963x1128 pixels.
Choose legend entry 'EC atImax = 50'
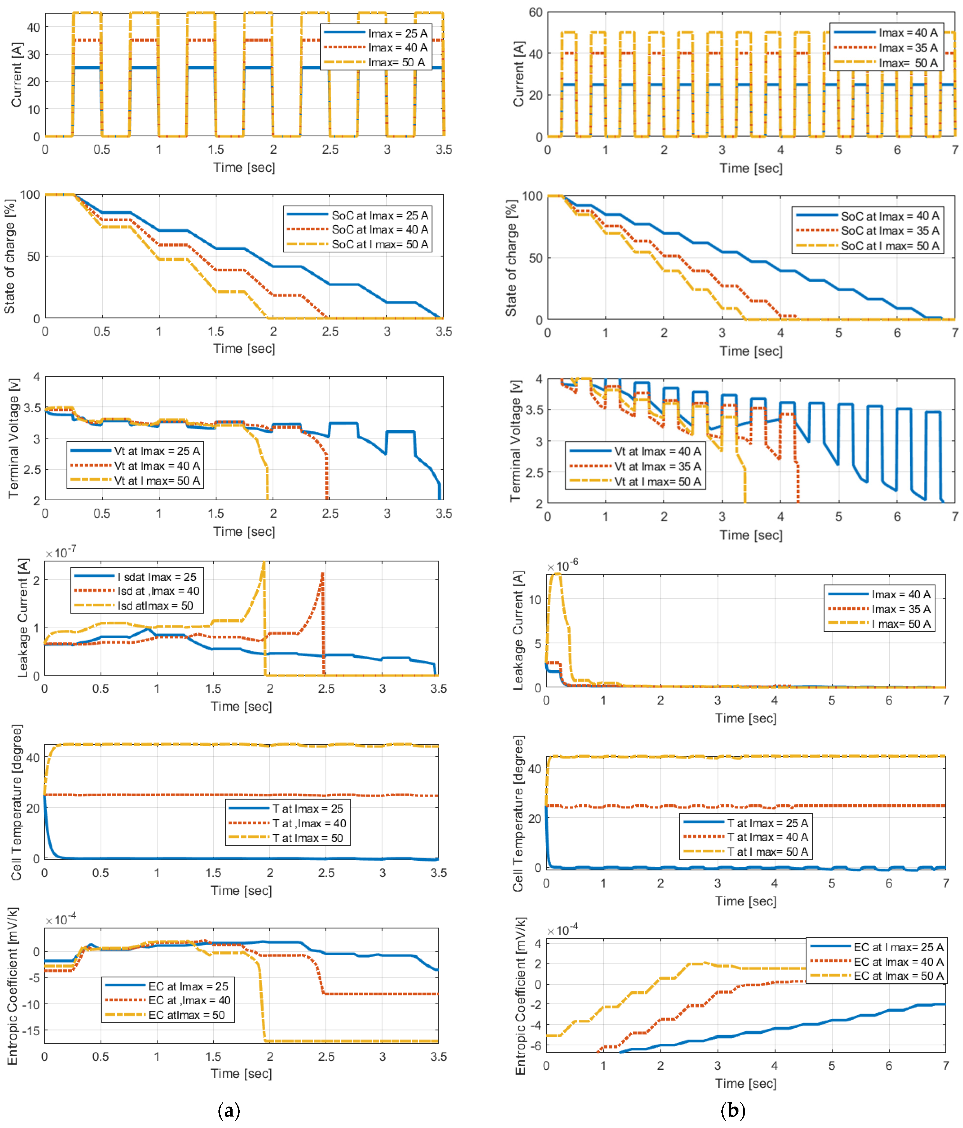coord(186,1015)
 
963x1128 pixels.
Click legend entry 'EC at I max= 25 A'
coord(898,947)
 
